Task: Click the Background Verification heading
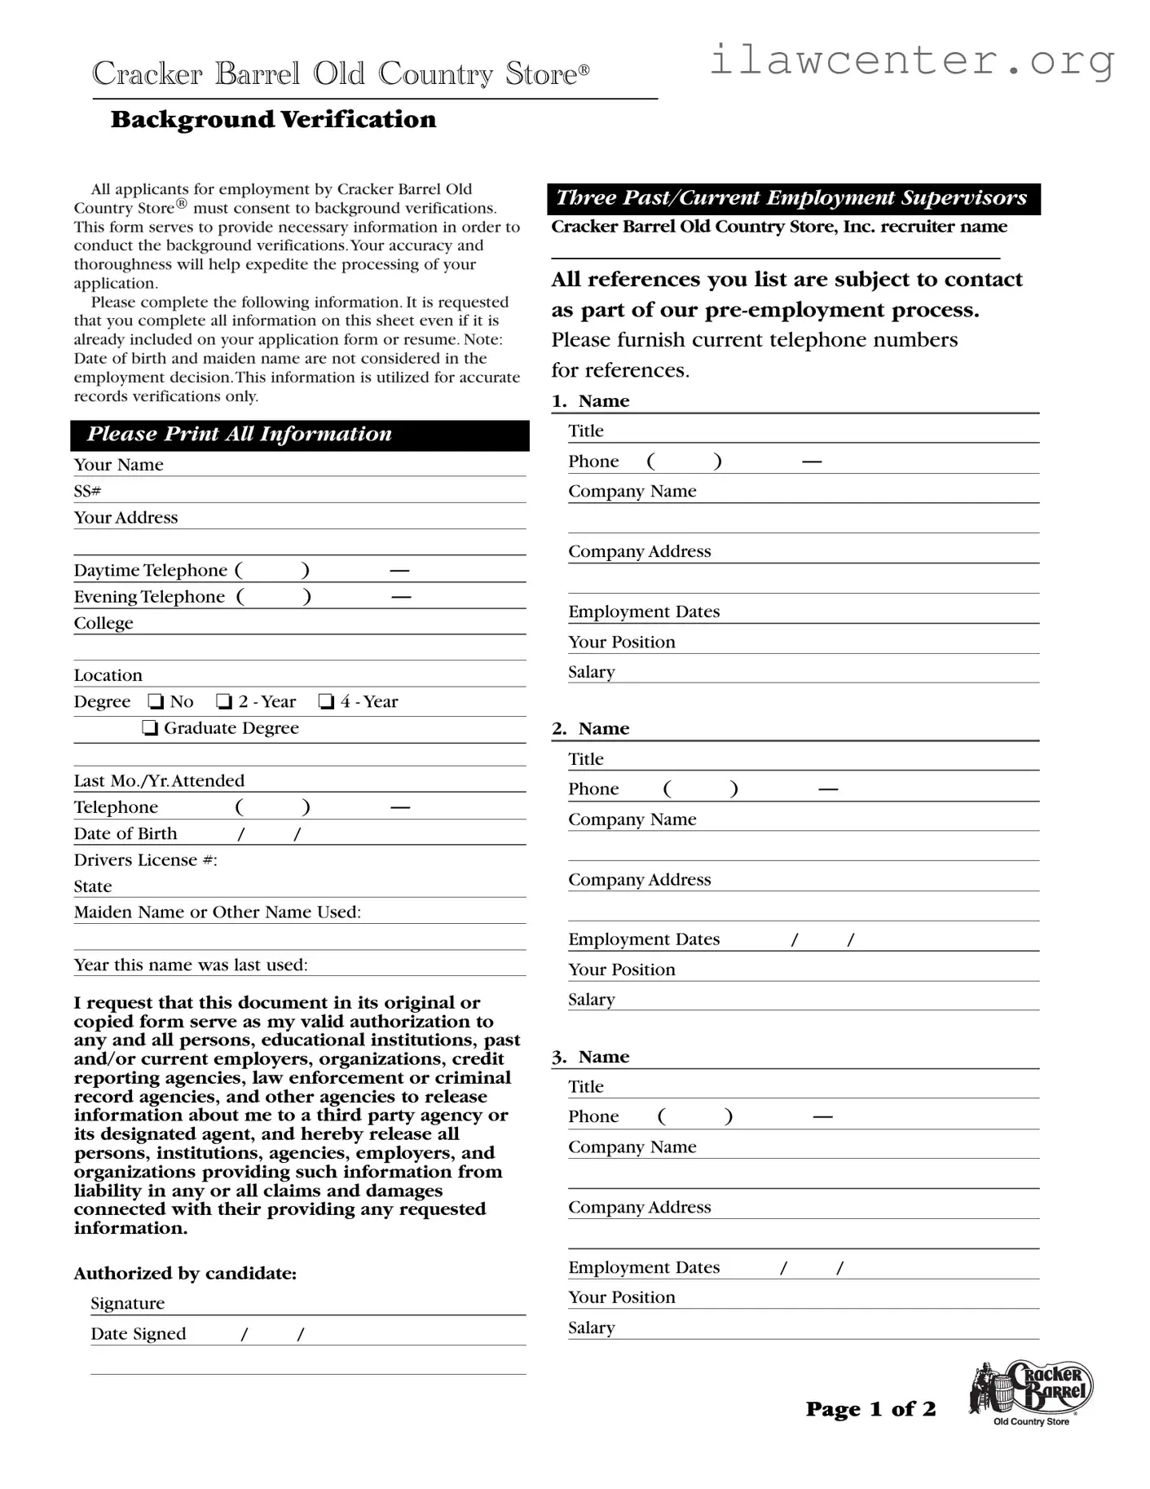click(x=273, y=120)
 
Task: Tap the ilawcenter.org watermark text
click(x=911, y=60)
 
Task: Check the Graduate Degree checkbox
click(x=150, y=728)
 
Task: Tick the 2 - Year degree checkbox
click(x=224, y=702)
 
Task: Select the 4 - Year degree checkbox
click(x=326, y=702)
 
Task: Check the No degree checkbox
click(x=156, y=702)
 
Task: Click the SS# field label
click(x=87, y=491)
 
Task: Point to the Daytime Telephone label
click(x=150, y=571)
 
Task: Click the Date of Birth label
click(x=125, y=833)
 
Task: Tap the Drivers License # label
click(x=145, y=860)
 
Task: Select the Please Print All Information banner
click(x=299, y=435)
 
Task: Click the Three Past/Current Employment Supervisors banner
click(x=792, y=199)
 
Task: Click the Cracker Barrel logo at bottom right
click(x=1030, y=1393)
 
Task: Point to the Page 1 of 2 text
click(x=870, y=1409)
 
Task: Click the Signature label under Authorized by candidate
click(x=127, y=1303)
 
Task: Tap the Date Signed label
click(x=138, y=1334)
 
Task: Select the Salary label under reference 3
click(x=591, y=1328)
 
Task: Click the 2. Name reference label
click(x=591, y=729)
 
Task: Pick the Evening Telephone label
click(x=149, y=597)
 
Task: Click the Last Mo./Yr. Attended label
click(x=159, y=781)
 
